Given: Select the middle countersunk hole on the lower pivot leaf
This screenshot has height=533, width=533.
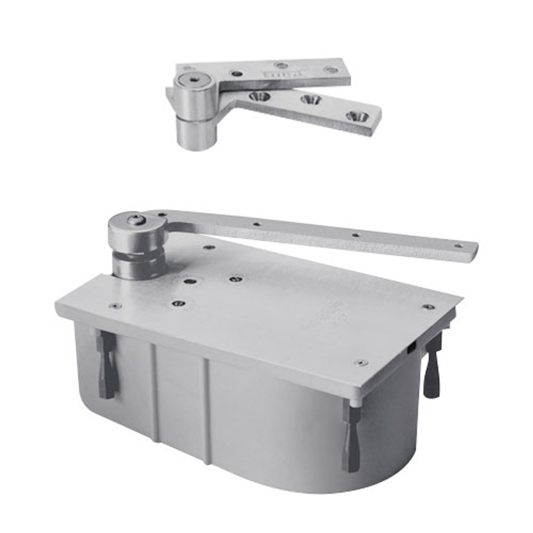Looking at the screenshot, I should point(310,100).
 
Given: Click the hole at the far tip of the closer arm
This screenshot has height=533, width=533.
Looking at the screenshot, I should point(458,246).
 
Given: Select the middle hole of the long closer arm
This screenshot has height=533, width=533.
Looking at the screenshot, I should point(355,235).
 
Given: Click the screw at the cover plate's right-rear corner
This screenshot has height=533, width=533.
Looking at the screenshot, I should point(427,307).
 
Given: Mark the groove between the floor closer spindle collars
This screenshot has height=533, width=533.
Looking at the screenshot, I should point(132,256).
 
